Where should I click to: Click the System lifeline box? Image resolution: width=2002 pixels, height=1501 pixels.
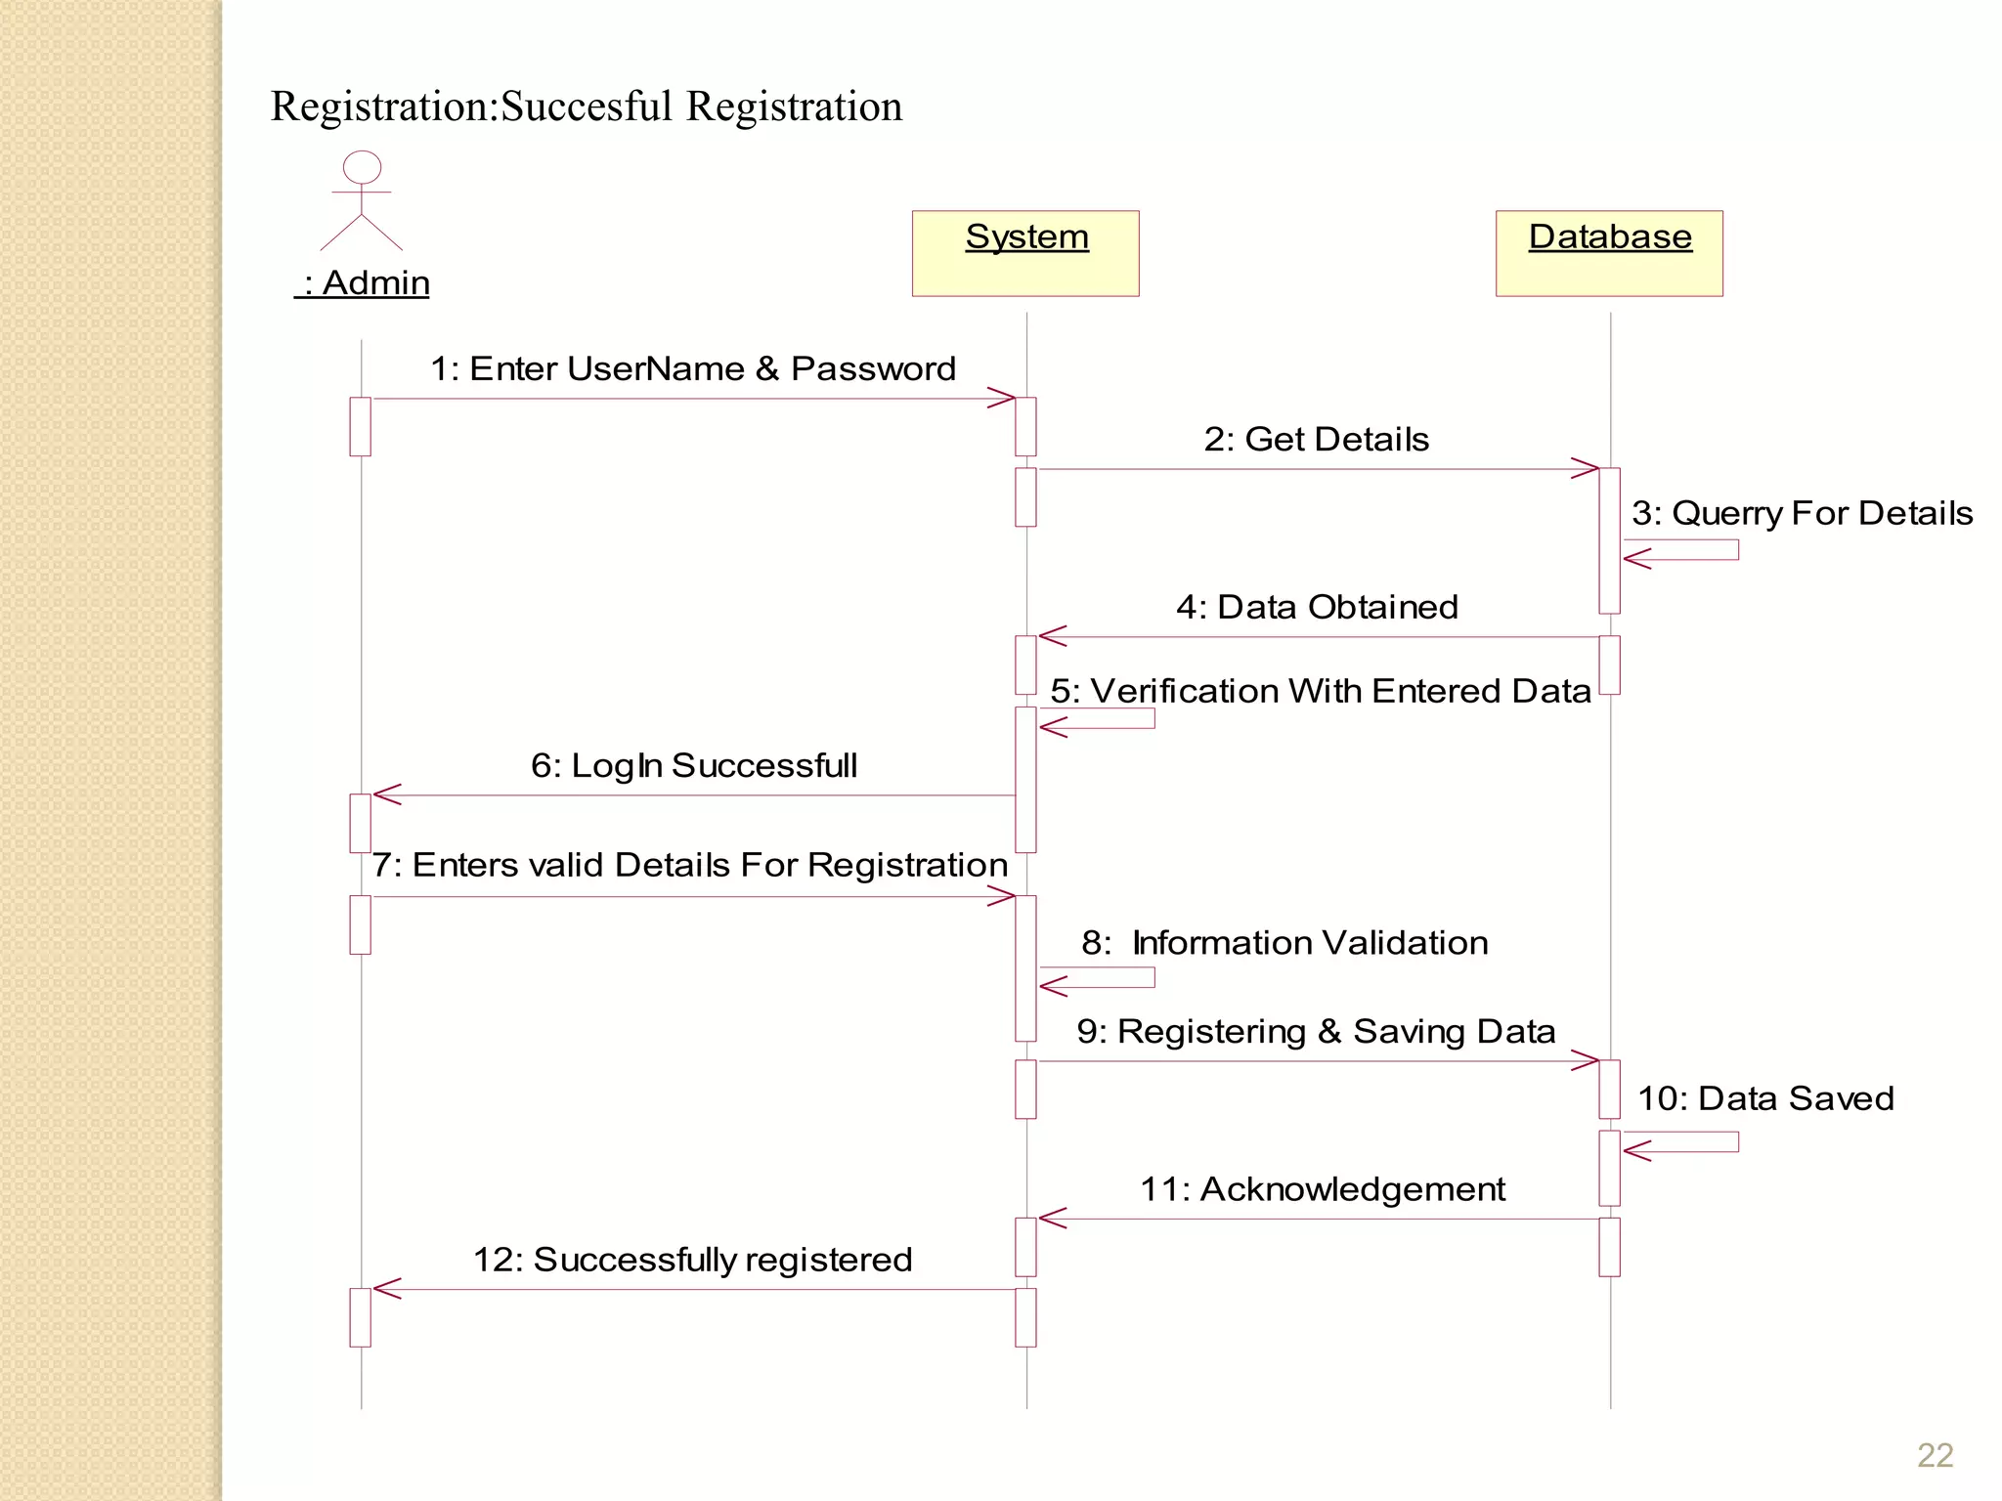point(1025,253)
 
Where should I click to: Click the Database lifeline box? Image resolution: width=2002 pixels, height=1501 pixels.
point(1609,253)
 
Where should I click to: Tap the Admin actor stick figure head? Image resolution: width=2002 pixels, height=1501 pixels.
point(362,167)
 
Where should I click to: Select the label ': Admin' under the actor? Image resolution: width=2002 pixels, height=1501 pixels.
point(363,283)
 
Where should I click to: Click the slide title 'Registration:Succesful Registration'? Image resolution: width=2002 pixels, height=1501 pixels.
point(587,107)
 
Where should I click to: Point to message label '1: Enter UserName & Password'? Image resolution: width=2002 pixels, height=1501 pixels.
point(693,369)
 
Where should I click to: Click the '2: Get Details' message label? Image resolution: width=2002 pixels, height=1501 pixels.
point(1316,440)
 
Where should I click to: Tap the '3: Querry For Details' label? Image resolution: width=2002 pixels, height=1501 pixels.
point(1802,514)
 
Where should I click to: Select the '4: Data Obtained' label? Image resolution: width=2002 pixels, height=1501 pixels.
point(1317,608)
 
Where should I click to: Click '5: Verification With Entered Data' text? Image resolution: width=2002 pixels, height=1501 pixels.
point(1321,692)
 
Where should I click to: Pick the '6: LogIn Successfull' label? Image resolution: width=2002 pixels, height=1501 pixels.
point(694,766)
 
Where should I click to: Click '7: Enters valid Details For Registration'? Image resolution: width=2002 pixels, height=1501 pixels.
point(690,866)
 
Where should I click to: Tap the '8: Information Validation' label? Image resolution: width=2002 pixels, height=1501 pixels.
point(1284,943)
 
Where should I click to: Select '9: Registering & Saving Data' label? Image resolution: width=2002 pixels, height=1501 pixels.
point(1316,1032)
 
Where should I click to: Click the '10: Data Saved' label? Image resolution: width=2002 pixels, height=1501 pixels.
point(1765,1099)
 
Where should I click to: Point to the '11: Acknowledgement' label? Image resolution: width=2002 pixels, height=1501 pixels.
point(1323,1190)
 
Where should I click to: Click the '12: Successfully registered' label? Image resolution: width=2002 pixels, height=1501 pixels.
point(692,1261)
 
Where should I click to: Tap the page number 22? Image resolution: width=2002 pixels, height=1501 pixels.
point(1935,1456)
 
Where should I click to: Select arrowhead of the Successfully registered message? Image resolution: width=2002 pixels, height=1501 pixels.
point(385,1289)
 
